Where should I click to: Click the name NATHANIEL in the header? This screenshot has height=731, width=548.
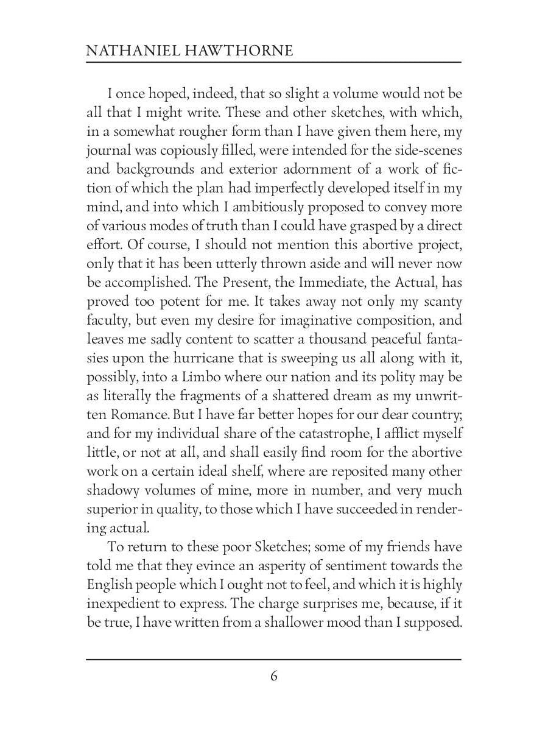pos(124,50)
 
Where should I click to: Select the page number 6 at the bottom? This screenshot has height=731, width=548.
pos(274,676)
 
